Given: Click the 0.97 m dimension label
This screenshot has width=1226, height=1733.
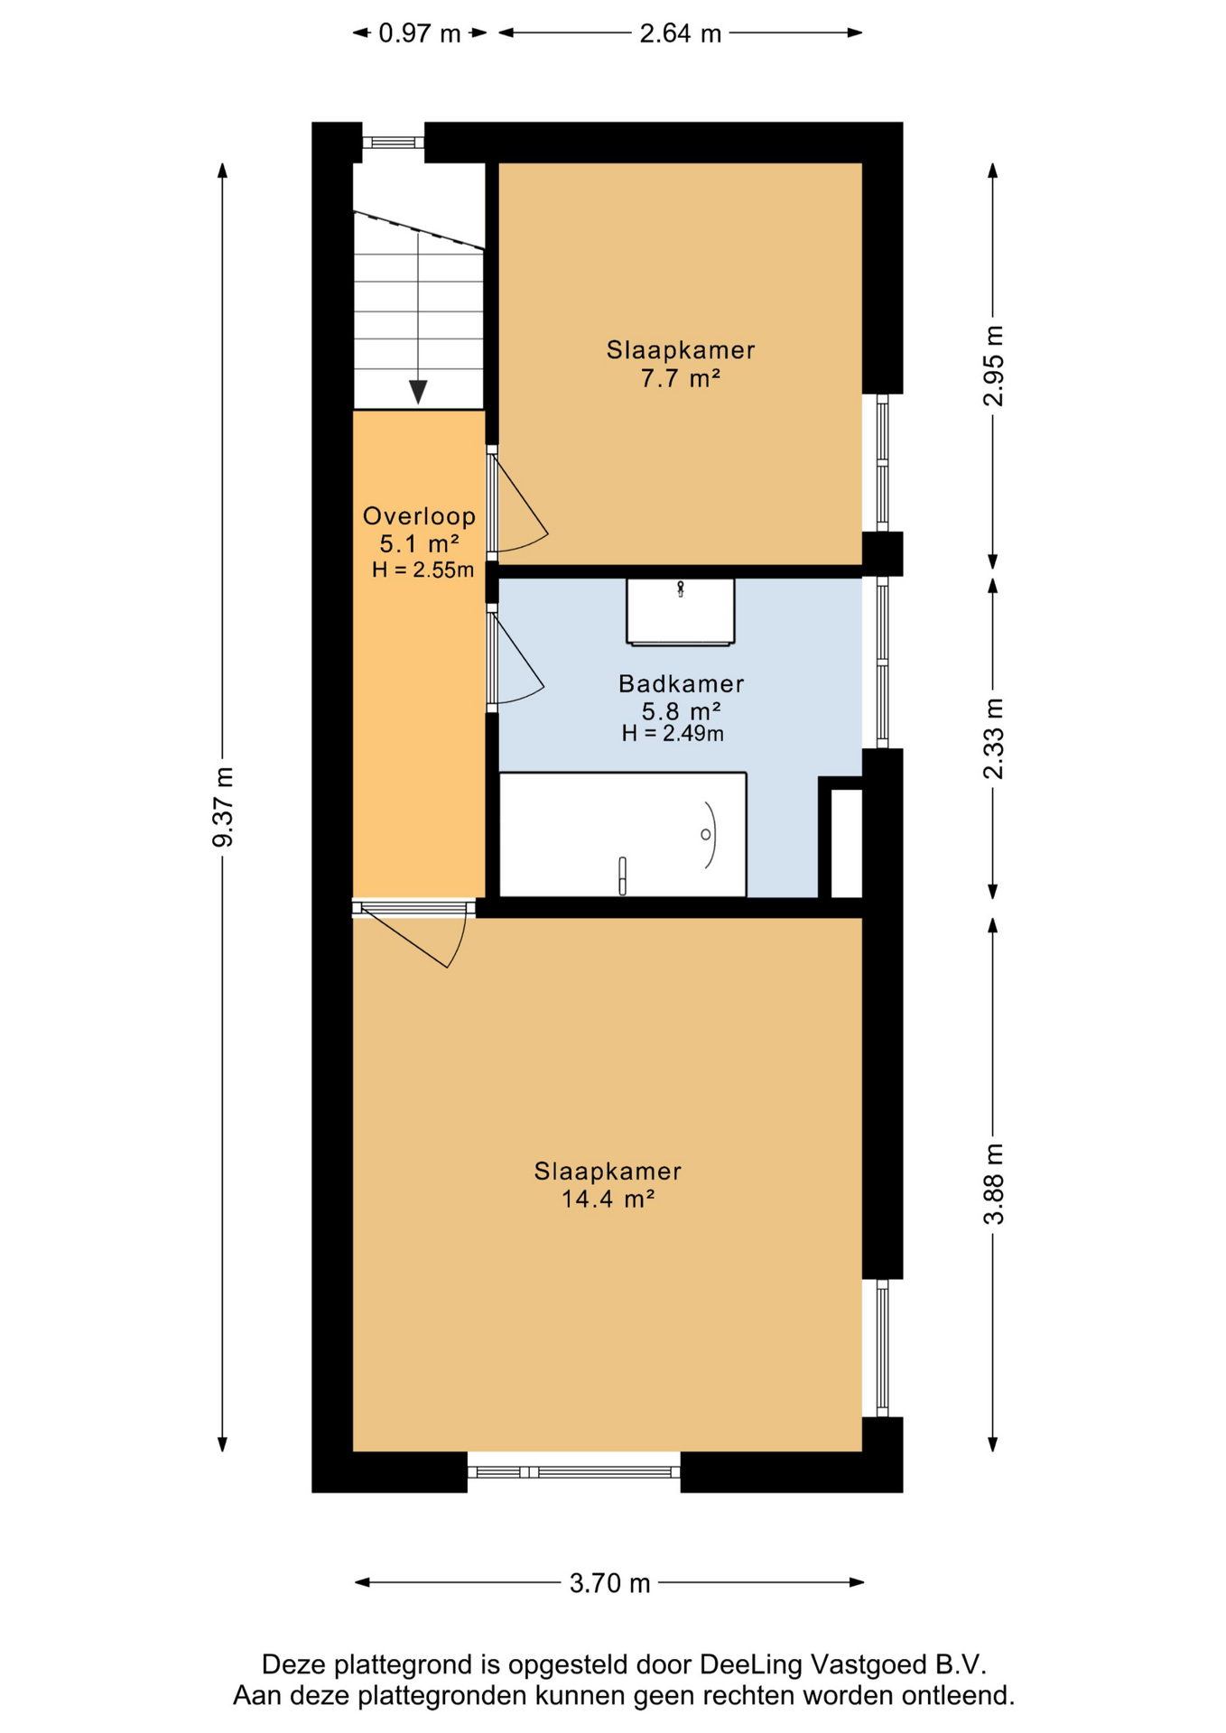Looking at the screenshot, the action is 419,33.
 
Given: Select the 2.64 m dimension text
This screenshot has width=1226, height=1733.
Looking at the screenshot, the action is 680,33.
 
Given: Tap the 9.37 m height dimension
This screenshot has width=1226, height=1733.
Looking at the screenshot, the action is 223,807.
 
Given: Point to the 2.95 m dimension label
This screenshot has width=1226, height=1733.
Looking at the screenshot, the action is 993,366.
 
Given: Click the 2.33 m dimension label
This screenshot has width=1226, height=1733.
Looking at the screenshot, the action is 993,738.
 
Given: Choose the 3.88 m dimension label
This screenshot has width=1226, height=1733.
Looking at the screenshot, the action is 993,1183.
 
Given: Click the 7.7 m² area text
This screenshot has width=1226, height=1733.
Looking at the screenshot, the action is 681,378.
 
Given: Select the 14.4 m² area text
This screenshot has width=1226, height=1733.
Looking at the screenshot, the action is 608,1199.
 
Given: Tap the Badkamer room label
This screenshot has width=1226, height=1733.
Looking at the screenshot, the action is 681,684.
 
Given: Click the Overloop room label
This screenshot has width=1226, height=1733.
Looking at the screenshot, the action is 419,516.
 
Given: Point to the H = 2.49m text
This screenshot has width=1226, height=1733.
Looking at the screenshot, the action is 673,734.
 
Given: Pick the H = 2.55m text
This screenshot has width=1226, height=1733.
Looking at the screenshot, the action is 423,570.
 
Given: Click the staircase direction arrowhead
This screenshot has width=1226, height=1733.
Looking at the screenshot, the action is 418,393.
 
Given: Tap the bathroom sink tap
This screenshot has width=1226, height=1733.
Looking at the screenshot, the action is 681,589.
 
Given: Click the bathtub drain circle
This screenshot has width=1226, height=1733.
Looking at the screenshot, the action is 705,835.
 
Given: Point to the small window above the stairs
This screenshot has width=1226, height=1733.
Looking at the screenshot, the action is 393,143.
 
